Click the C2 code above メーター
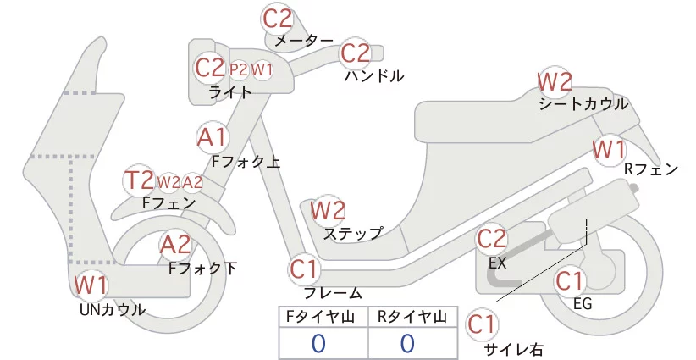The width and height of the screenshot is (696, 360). coord(278,19)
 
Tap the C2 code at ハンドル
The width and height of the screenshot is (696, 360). coord(355,53)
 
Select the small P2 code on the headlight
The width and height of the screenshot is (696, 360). coord(239,69)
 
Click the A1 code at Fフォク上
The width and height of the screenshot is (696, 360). coord(212,137)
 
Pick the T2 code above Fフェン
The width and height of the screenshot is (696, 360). coord(140,180)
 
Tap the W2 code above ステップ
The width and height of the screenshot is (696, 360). coord(328,210)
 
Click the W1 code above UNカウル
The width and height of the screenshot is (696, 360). coord(91,285)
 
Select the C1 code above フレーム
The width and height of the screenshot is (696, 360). coord(304,269)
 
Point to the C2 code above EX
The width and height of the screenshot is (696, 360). coord(491,239)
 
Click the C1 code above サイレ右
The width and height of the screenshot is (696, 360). coord(482,324)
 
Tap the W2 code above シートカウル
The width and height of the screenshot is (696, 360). coord(555,81)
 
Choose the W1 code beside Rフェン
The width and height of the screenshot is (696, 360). coord(609,150)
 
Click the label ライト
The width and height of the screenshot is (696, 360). coord(230,92)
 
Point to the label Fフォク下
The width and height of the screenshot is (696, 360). coord(203,269)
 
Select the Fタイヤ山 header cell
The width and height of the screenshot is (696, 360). coord(323,317)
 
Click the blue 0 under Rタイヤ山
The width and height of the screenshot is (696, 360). coord(407,343)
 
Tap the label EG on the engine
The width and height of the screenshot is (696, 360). coord(583,303)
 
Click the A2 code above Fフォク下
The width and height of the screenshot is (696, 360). coord(176,245)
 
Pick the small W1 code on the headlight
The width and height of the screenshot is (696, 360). coord(262,69)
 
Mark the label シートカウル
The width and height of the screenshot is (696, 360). coord(583,104)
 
